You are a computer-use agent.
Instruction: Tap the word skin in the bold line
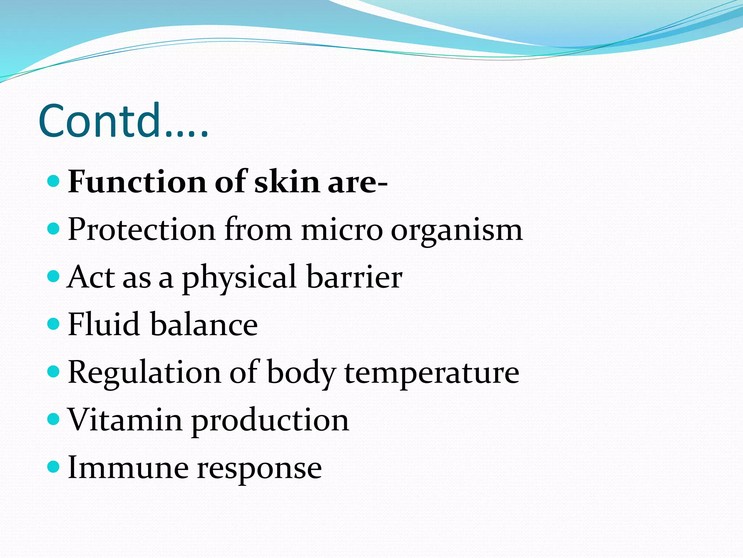coord(287,182)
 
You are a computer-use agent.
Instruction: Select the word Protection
coord(141,230)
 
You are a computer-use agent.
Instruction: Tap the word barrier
coord(354,277)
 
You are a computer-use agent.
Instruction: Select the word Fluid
coord(104,324)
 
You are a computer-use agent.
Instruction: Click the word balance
coord(204,324)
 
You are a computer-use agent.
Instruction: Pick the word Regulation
coord(144,373)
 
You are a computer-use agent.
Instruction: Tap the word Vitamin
coord(125,420)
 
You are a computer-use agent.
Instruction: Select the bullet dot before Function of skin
coord(53,181)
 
